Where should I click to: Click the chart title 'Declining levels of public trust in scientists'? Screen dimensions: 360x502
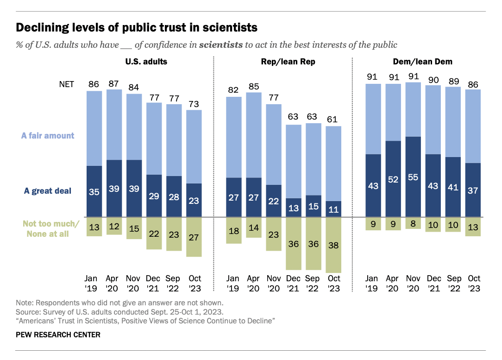pyautogui.click(x=137, y=27)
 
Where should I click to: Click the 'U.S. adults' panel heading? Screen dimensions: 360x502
pyautogui.click(x=146, y=62)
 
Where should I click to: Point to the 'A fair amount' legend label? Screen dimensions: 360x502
pyautogui.click(x=48, y=136)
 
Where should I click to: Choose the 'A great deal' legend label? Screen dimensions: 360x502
pyautogui.click(x=48, y=191)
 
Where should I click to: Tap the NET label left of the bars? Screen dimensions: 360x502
pyautogui.click(x=66, y=84)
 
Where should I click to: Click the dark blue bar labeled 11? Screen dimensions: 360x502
pyautogui.click(x=333, y=209)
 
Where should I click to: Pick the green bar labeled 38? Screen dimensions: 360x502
pyautogui.click(x=333, y=245)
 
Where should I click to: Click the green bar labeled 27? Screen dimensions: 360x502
pyautogui.click(x=194, y=237)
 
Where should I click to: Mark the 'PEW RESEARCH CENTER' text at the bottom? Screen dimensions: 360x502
pyautogui.click(x=58, y=335)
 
